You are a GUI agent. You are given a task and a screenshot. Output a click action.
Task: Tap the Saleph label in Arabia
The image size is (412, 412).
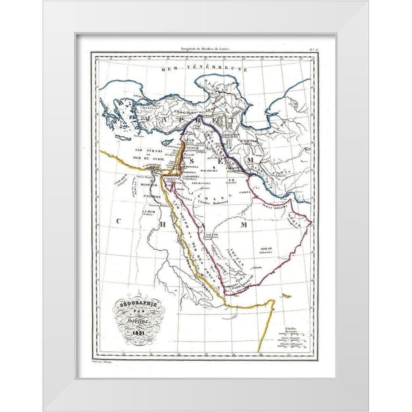point(211,235)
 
